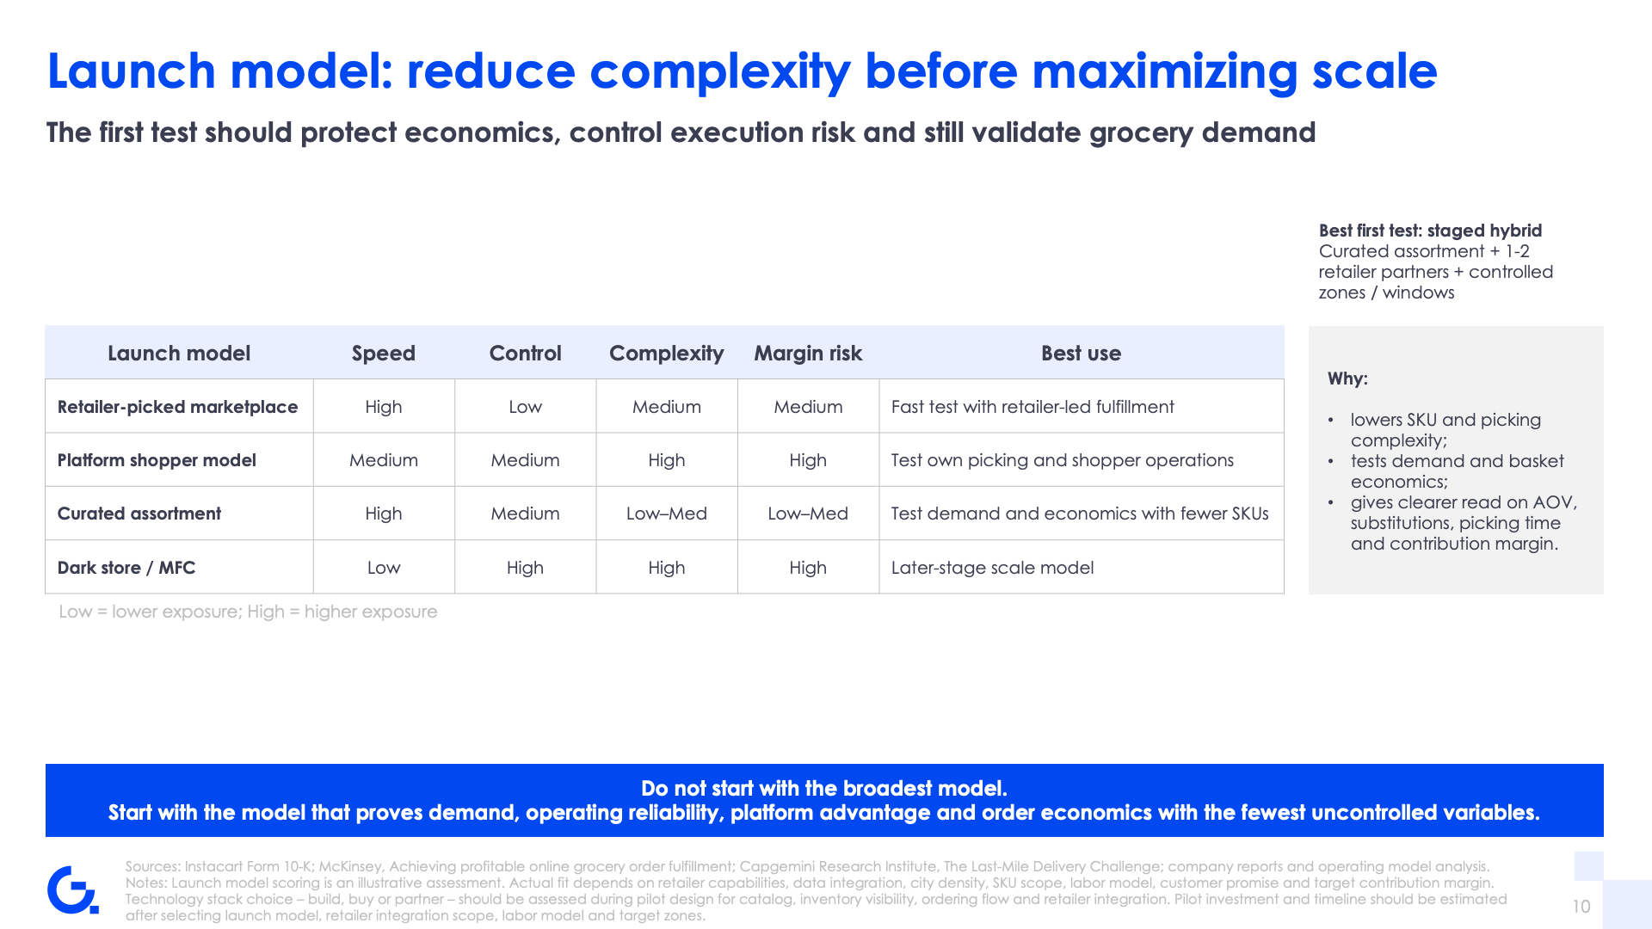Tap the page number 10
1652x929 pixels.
[x=1581, y=907]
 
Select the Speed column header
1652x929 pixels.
[x=384, y=354]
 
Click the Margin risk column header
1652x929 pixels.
[x=808, y=354]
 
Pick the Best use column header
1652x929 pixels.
[x=1081, y=354]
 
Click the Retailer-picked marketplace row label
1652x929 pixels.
[x=177, y=407]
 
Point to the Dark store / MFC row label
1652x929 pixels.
[x=126, y=568]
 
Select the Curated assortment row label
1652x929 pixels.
[x=139, y=514]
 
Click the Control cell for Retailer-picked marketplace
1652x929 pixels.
[x=525, y=407]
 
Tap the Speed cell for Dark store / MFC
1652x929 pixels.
[x=384, y=568]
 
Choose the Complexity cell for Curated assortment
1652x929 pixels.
[x=667, y=514]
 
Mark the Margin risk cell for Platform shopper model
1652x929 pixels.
[x=808, y=460]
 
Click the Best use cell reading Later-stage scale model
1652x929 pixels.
[x=992, y=568]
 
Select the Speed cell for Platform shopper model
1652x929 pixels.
[x=384, y=460]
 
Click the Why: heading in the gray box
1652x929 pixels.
[x=1347, y=378]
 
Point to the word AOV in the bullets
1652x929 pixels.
[x=1552, y=502]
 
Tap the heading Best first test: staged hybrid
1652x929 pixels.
[x=1430, y=231]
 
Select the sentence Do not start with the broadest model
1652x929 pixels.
[x=824, y=789]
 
